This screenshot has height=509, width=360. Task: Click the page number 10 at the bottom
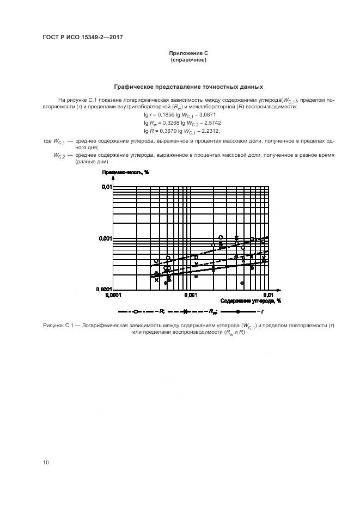tap(46, 462)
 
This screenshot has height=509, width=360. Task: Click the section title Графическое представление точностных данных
tap(188, 87)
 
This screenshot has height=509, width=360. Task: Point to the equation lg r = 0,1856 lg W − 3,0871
tap(179, 115)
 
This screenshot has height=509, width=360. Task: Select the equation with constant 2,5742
tap(180, 123)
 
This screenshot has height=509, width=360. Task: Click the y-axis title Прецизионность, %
tap(125, 172)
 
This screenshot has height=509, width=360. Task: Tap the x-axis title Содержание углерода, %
tap(251, 300)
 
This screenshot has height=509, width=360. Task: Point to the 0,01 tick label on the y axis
tap(106, 187)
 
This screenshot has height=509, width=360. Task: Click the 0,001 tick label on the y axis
tap(105, 238)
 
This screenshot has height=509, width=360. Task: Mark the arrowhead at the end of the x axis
tap(278, 289)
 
